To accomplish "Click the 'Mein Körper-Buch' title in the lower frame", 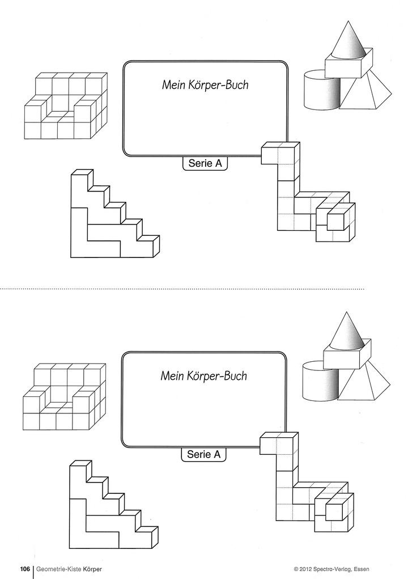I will pos(203,375).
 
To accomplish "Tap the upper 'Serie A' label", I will pos(205,164).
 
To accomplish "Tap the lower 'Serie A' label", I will pos(203,454).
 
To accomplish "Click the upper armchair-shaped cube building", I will pos(66,108).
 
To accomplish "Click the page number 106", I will pos(25,569).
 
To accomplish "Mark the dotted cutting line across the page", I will pos(181,289).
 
